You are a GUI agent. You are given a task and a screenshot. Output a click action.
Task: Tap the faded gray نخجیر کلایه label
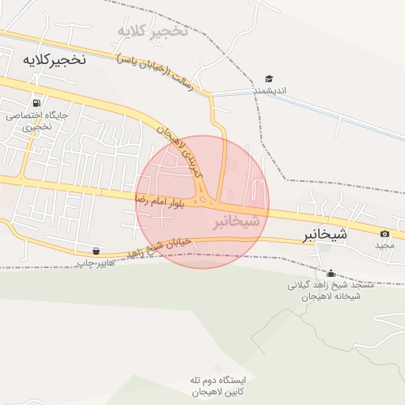point(153,32)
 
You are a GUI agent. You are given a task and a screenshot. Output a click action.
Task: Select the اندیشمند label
point(269,91)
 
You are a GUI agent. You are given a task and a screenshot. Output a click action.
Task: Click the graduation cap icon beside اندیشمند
point(269,79)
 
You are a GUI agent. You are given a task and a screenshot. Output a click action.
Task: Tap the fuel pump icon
point(36,103)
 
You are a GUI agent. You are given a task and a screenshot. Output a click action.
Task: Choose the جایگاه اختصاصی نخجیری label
point(37,120)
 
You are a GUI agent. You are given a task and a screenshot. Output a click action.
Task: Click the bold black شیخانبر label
point(325,235)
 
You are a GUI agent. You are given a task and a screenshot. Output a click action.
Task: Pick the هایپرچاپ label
point(96,262)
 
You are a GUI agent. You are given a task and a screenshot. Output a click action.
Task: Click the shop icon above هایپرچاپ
point(96,251)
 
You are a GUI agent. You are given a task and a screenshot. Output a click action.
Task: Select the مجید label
point(384,245)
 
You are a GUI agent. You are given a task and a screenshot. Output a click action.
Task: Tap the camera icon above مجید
point(384,233)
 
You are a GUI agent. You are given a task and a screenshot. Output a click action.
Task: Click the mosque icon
point(330,273)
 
